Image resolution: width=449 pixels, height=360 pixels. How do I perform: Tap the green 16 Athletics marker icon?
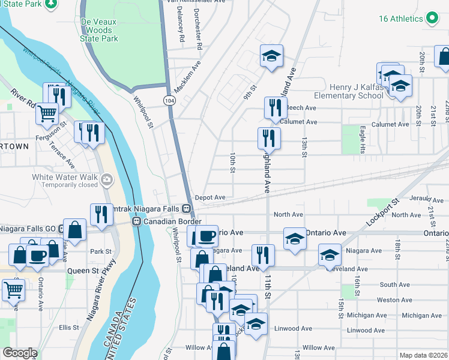(432, 18)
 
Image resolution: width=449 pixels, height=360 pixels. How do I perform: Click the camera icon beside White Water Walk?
(107, 178)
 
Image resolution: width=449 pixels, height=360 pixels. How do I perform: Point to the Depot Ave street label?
(210, 197)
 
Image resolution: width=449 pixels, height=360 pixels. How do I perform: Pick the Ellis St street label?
(69, 328)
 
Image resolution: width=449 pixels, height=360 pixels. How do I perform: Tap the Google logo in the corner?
(20, 353)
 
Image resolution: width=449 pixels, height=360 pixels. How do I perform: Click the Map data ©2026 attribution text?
(424, 355)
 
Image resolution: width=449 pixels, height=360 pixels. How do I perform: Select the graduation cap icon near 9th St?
(271, 56)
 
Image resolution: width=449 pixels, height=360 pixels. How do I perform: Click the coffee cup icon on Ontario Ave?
(207, 235)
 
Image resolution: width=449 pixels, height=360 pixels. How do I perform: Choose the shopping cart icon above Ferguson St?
(47, 112)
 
